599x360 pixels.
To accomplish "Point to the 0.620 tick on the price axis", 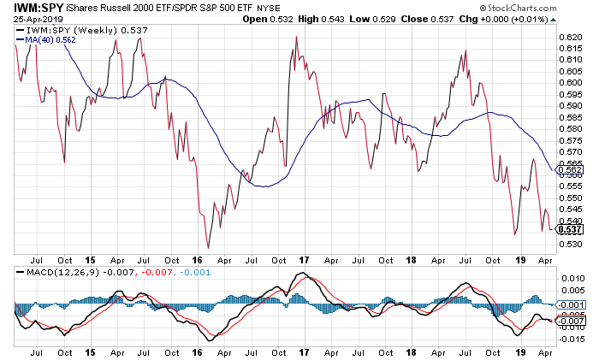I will [570, 38].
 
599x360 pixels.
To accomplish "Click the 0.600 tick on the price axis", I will [570, 82].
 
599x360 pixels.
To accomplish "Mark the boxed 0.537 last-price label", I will [571, 228].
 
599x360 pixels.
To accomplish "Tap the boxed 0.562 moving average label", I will [571, 171].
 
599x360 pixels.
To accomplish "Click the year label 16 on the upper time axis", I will [197, 257].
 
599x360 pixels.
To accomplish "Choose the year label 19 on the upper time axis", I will [519, 257].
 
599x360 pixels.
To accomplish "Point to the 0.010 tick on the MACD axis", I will [570, 280].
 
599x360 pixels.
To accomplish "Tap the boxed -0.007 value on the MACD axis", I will [571, 321].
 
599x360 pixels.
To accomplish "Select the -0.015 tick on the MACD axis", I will [570, 339].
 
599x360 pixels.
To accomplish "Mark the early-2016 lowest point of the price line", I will [208, 247].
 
